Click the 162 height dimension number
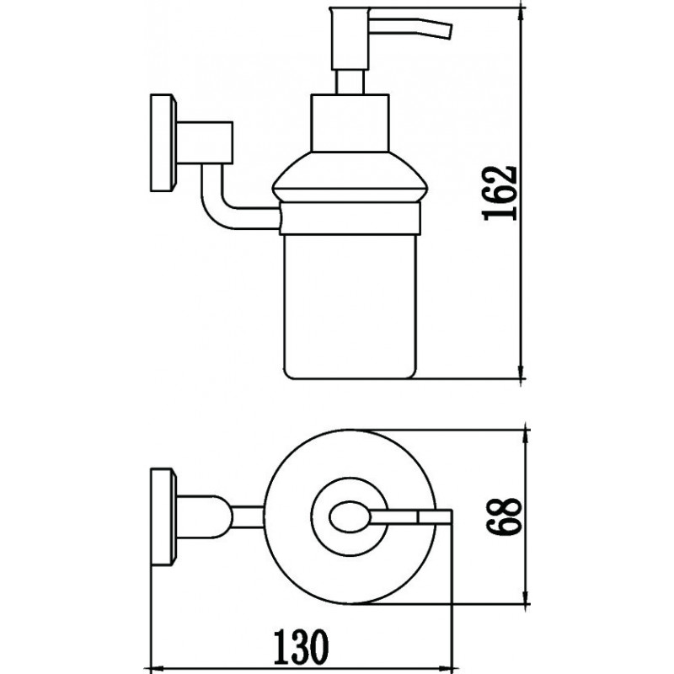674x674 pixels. tap(500, 193)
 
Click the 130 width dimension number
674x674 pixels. tap(302, 646)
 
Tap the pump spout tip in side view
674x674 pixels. tap(449, 31)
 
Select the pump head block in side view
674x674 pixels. tap(350, 38)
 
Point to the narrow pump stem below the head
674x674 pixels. tap(350, 82)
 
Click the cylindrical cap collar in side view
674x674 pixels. tap(350, 123)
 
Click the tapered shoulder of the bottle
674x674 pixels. tap(350, 176)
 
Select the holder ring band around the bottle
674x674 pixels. tap(350, 218)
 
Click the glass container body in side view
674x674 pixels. tap(350, 307)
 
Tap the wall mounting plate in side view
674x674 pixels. tap(163, 142)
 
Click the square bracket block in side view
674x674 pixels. tap(205, 142)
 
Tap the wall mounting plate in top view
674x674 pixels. tap(163, 516)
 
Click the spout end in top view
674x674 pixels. tap(435, 516)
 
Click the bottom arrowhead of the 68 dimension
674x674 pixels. tap(525, 596)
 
